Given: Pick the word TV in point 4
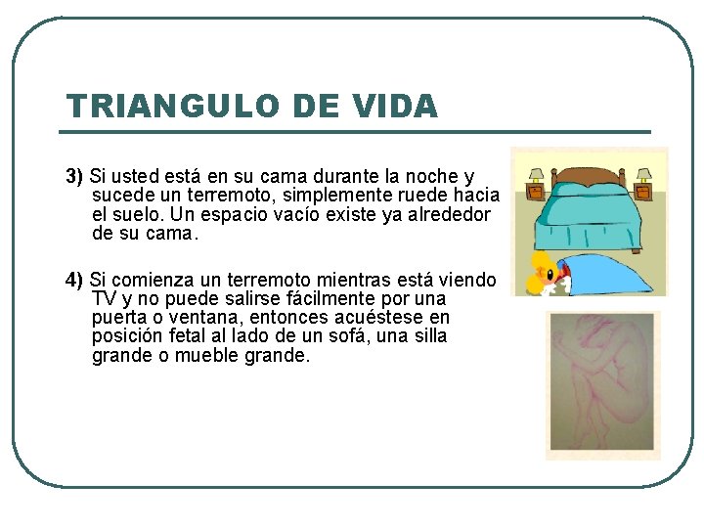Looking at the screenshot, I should [x=103, y=299].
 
